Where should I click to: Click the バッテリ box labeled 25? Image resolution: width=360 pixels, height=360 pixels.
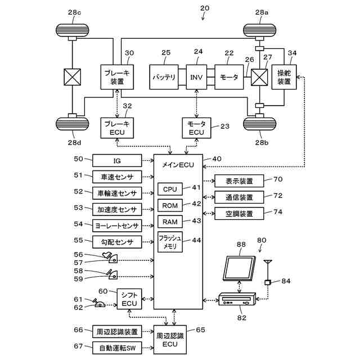163,77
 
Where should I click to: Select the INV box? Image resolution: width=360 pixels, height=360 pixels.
196,77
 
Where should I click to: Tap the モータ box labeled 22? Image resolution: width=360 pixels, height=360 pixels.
229,77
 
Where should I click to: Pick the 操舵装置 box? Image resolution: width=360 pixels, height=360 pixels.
283,77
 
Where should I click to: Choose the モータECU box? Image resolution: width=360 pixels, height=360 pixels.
196,128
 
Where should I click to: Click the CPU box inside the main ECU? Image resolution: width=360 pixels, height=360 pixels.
170,190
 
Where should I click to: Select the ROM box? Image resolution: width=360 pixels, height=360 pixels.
170,206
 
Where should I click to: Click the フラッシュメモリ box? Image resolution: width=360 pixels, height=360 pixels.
170,242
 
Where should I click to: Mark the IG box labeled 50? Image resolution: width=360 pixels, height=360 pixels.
117,160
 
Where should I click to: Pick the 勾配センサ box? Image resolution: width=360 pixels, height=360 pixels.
117,241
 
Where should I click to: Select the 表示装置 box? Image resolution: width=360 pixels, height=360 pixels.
239,181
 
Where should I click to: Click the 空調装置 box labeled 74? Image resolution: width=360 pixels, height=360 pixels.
239,214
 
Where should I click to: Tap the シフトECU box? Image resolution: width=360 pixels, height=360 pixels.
129,299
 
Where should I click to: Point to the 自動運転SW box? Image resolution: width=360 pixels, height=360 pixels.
118,348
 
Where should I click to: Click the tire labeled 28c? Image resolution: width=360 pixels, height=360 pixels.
73,28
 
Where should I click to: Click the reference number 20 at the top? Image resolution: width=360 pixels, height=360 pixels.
204,8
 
